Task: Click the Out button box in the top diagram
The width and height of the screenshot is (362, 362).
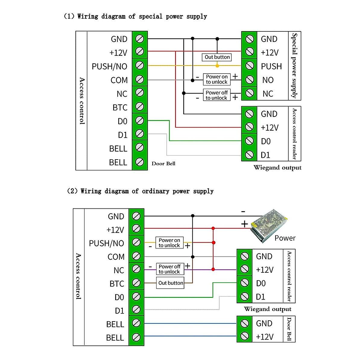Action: point(217,57)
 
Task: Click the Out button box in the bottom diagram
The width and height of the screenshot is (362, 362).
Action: point(170,283)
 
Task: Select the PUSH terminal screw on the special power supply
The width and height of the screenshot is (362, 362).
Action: point(249,66)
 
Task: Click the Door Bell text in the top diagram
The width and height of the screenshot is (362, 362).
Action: point(163,164)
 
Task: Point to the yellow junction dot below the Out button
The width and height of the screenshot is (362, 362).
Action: point(217,65)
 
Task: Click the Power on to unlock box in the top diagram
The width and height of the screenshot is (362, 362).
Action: point(217,79)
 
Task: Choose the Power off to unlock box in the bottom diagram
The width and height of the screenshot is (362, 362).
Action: point(170,269)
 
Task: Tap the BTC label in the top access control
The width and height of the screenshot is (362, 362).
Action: point(120,108)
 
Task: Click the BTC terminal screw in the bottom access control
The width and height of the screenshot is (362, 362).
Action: point(136,283)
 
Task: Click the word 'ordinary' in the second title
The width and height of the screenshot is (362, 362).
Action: point(155,191)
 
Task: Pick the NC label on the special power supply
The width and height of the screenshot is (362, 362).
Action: point(268,94)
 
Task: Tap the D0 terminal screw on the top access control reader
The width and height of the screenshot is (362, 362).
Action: point(249,141)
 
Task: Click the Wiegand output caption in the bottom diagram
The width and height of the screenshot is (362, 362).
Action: point(268,309)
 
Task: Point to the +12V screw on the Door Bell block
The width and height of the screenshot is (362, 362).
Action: point(245,336)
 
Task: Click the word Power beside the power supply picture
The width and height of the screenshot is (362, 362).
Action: point(285,238)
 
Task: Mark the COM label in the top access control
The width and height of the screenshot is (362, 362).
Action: point(119,80)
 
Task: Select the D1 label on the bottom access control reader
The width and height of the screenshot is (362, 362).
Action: point(261,297)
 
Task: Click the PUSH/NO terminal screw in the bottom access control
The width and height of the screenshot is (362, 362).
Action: point(136,243)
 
